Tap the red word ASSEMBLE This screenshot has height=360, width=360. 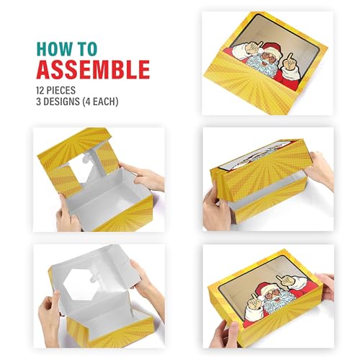(93, 70)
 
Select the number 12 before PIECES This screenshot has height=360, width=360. (40, 91)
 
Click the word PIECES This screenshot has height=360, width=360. (61, 91)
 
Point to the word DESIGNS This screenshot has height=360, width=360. (61, 102)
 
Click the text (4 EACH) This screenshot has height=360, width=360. (100, 102)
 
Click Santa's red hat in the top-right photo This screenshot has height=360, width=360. (272, 49)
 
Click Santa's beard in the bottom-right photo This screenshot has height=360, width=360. (279, 300)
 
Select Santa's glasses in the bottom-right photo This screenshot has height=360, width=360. (271, 294)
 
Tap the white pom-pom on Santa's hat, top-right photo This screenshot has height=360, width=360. (261, 50)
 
